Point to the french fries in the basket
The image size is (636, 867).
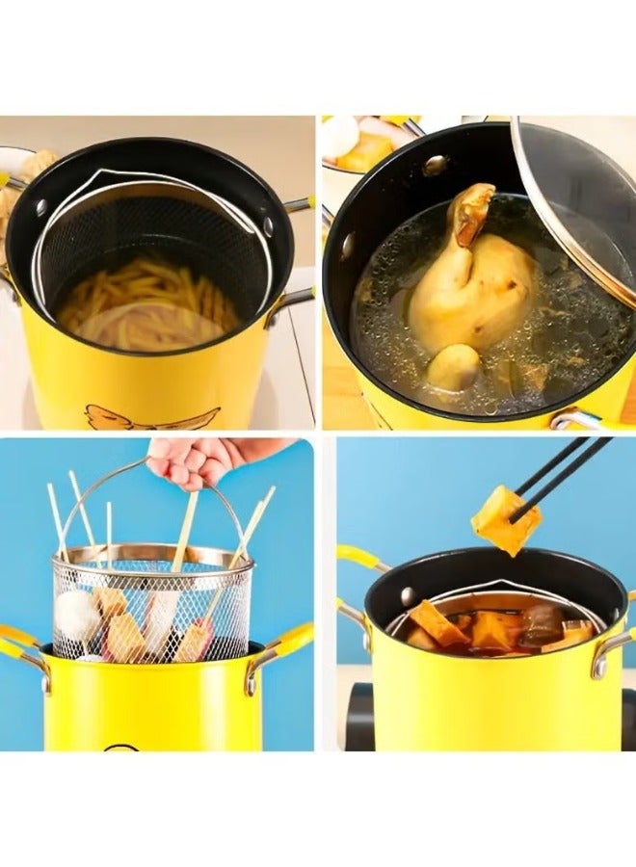[145, 299]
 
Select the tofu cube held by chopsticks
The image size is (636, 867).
[504, 520]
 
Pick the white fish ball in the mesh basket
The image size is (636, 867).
[77, 617]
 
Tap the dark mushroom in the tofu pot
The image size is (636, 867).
[542, 624]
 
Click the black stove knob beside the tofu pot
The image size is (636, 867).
[359, 718]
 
